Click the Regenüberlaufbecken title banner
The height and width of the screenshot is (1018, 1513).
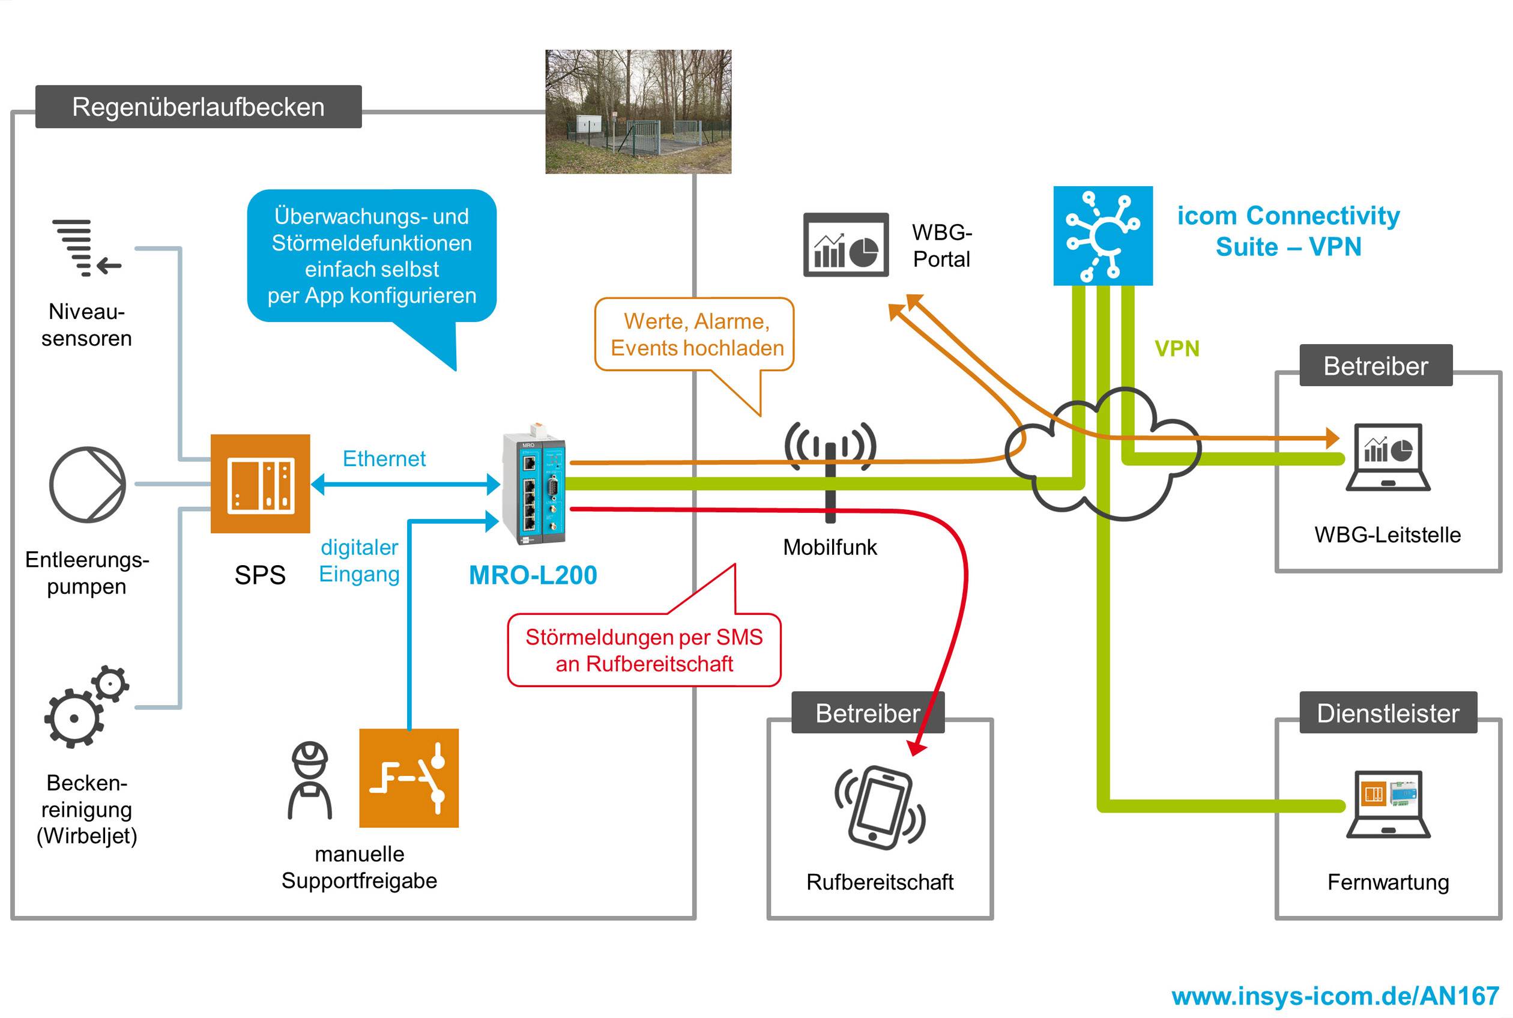(x=198, y=106)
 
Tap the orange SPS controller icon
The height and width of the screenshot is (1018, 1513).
(x=261, y=483)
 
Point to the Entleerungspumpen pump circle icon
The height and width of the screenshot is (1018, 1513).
(x=88, y=484)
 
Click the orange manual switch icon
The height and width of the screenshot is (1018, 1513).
(x=409, y=778)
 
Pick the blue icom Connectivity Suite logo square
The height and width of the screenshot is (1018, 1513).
(x=1103, y=235)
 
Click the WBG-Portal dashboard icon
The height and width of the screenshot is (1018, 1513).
(x=846, y=245)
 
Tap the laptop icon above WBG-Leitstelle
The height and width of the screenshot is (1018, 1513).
(x=1388, y=457)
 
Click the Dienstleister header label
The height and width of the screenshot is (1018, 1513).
(x=1388, y=713)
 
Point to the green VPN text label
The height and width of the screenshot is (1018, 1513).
(x=1177, y=348)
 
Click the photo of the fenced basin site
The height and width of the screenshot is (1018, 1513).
(x=638, y=112)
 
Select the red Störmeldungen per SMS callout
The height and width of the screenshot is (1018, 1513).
(x=644, y=650)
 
